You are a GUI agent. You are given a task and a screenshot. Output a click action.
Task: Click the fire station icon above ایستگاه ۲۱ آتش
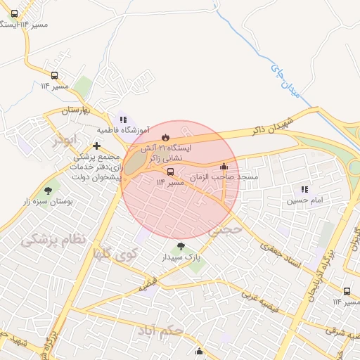(x=166, y=136)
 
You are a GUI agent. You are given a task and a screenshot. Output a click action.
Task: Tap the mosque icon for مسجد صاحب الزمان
(x=224, y=167)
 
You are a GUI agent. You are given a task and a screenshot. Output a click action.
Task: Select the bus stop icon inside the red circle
(x=170, y=172)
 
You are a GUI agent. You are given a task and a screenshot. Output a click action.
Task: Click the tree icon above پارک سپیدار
(x=182, y=247)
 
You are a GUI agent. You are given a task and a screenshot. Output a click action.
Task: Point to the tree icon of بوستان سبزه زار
(x=48, y=190)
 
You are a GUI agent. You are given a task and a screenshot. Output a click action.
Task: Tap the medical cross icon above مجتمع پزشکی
(x=97, y=146)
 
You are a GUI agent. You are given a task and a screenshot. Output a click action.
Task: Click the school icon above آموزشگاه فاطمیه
(x=123, y=120)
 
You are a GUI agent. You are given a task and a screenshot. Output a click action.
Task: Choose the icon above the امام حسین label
(x=304, y=189)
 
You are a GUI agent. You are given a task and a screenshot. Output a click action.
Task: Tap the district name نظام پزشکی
(x=53, y=240)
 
